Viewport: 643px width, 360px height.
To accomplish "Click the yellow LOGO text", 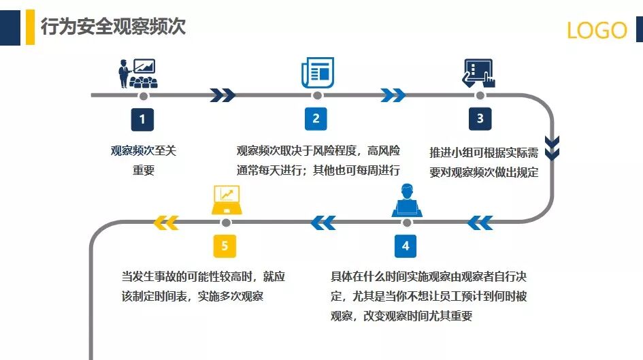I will coord(597,30).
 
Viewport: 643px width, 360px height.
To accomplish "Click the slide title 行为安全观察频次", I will coord(113,27).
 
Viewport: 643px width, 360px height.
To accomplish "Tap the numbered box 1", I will coord(142,119).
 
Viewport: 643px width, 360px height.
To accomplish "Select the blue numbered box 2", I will coord(316,119).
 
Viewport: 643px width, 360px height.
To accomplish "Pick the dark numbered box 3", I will coord(480,119).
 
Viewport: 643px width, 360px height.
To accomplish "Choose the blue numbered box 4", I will coord(406,246).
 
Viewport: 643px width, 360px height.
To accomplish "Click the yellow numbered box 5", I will coord(225,246).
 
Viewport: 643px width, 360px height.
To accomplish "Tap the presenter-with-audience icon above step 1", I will coord(139,73).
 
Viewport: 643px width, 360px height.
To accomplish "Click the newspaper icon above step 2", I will coord(317,73).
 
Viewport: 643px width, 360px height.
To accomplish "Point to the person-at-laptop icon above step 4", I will coord(407,200).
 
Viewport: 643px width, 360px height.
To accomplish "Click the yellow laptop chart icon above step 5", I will coord(226,199).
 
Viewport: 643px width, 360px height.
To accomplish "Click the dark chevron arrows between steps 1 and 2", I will coord(222,95).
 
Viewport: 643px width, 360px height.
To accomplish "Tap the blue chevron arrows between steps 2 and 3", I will coord(393,95).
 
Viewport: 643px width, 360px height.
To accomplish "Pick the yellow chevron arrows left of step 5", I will coord(166,222).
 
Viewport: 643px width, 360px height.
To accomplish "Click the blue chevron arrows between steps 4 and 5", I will coord(323,222).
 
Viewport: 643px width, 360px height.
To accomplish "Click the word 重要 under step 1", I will coord(144,170).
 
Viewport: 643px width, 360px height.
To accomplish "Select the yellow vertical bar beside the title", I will coord(30,27).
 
